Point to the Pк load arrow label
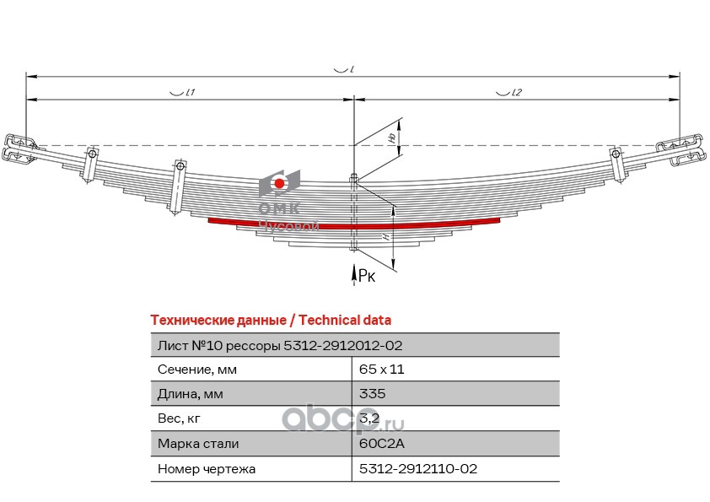(365, 274)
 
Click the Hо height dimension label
(391, 136)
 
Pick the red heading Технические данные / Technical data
(270, 320)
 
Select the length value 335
(372, 394)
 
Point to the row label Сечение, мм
(197, 370)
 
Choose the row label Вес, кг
(180, 418)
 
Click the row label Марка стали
(198, 443)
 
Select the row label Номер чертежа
(207, 467)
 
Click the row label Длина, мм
(191, 394)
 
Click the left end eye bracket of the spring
(19, 148)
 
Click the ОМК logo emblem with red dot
(279, 184)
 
